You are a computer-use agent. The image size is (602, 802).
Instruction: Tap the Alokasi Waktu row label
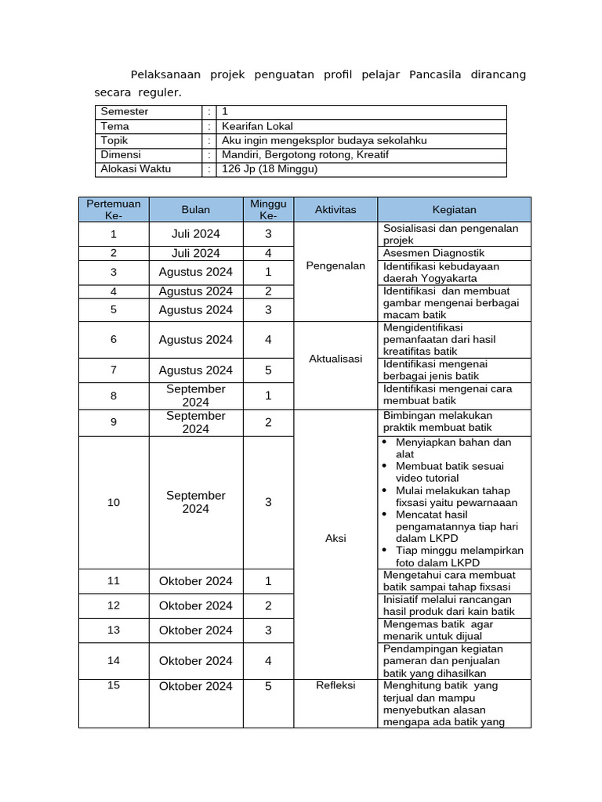click(x=136, y=169)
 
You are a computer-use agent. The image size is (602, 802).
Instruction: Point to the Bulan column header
click(x=196, y=210)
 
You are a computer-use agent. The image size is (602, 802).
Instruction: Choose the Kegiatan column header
click(x=454, y=210)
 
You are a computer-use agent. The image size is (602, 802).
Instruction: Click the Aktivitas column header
click(x=335, y=210)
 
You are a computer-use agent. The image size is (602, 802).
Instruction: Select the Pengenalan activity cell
click(x=335, y=266)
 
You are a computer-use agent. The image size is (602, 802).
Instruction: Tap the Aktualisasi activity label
click(x=335, y=359)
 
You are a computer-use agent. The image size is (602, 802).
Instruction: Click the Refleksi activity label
click(x=335, y=685)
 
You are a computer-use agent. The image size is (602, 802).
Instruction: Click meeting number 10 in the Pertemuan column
click(x=114, y=502)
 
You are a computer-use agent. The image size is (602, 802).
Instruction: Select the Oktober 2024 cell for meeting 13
click(x=196, y=630)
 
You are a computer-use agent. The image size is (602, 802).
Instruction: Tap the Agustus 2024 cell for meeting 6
click(x=196, y=340)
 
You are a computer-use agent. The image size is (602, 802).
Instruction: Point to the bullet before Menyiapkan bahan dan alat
click(x=384, y=443)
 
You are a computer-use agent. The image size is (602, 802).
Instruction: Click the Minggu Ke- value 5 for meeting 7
click(x=268, y=370)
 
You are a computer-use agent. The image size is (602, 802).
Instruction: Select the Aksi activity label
click(x=335, y=539)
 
